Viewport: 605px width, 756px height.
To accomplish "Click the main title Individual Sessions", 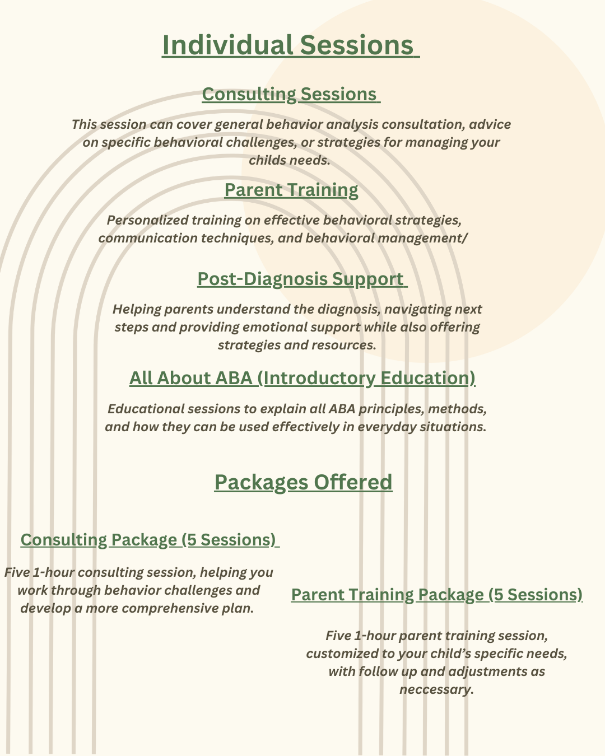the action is pos(290,45).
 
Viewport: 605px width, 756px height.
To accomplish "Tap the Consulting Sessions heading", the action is pos(290,94).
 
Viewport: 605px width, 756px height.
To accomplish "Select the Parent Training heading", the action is pos(291,190).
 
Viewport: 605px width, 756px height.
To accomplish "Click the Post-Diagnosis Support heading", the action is pos(301,279).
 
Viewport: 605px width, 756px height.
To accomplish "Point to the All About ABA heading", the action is pos(302,378).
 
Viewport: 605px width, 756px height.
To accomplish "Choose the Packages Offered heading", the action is pos(303,482).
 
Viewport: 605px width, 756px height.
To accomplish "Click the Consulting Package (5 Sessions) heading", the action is pos(150,539).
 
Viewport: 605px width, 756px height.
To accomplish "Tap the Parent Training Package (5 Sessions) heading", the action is pos(436,594).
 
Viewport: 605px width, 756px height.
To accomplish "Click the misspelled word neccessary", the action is pos(436,689).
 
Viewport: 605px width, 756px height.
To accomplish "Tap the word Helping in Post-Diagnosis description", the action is pos(134,309).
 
